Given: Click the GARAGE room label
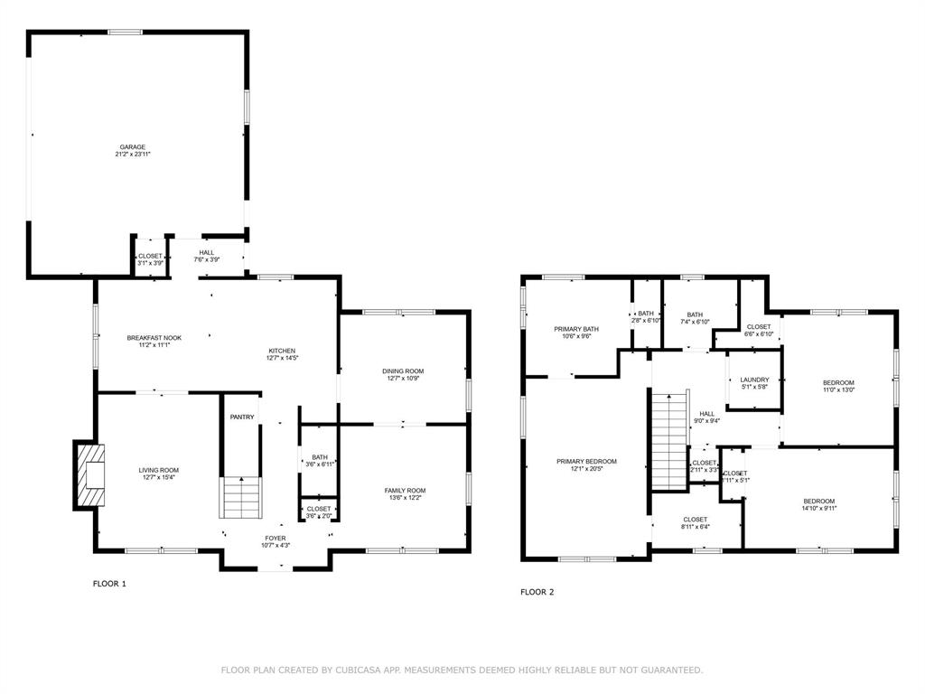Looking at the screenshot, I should (133, 147).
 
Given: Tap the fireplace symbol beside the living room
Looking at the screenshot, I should (89, 474).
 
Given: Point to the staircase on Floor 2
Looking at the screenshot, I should (669, 442).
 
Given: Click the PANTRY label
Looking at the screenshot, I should (242, 417).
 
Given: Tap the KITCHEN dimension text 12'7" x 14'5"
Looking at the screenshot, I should (281, 359).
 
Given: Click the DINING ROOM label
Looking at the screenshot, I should (403, 371).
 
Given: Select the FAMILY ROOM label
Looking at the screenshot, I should (405, 491).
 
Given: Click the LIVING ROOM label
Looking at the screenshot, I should (158, 470).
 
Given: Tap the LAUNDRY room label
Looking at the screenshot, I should (754, 380).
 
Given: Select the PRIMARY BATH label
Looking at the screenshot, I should (576, 329).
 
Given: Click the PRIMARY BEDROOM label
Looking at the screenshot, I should (586, 461).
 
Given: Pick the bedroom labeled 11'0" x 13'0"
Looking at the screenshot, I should (838, 383).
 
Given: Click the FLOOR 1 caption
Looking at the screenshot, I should (109, 584).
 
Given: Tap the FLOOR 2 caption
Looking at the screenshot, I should (537, 592).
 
